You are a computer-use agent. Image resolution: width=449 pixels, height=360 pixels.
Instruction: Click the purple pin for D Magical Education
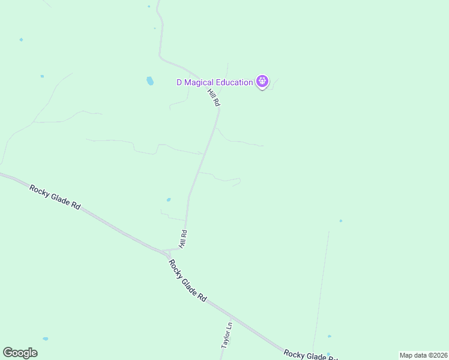pyautogui.click(x=262, y=81)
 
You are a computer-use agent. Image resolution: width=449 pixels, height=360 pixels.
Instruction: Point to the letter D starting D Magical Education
pyautogui.click(x=179, y=83)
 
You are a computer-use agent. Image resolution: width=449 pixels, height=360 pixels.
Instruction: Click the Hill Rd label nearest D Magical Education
pyautogui.click(x=214, y=98)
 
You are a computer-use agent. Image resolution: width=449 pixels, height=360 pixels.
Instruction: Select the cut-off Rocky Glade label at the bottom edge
pyautogui.click(x=309, y=355)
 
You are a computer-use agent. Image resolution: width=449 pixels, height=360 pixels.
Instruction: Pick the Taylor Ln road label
pyautogui.click(x=226, y=337)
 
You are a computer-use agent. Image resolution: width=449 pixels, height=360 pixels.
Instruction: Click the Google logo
pyautogui.click(x=20, y=353)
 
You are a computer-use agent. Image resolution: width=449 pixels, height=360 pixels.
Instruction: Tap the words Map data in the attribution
pyautogui.click(x=412, y=355)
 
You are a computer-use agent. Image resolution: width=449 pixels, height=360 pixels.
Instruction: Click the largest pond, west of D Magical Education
pyautogui.click(x=149, y=80)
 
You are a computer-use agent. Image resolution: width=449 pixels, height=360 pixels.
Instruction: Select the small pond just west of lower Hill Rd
pyautogui.click(x=169, y=200)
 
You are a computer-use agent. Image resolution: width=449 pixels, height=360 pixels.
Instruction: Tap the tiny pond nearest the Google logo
pyautogui.click(x=46, y=338)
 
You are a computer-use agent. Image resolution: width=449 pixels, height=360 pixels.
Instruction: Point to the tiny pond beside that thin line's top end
pyautogui.click(x=340, y=221)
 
